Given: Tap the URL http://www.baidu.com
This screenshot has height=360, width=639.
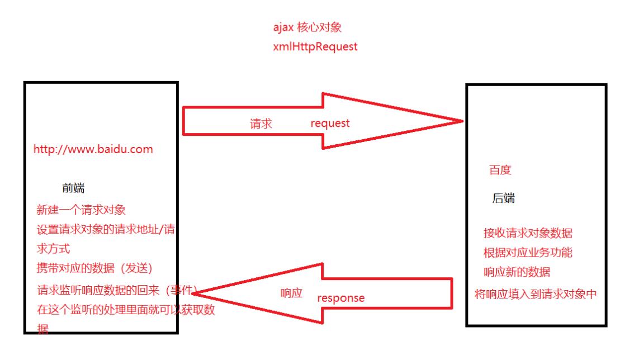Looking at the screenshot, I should pos(93,150).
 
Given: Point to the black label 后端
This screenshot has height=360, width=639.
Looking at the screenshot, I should pos(503,198).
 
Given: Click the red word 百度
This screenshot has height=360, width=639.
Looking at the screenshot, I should pos(500,170).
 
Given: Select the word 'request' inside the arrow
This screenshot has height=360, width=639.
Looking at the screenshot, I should pos(330,124).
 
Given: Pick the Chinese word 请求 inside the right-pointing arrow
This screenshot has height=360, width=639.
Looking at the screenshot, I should pos(261,124).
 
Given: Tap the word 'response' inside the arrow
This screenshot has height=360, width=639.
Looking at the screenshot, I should pos(340,298).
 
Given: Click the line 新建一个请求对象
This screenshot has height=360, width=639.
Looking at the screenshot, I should pos(81,210).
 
